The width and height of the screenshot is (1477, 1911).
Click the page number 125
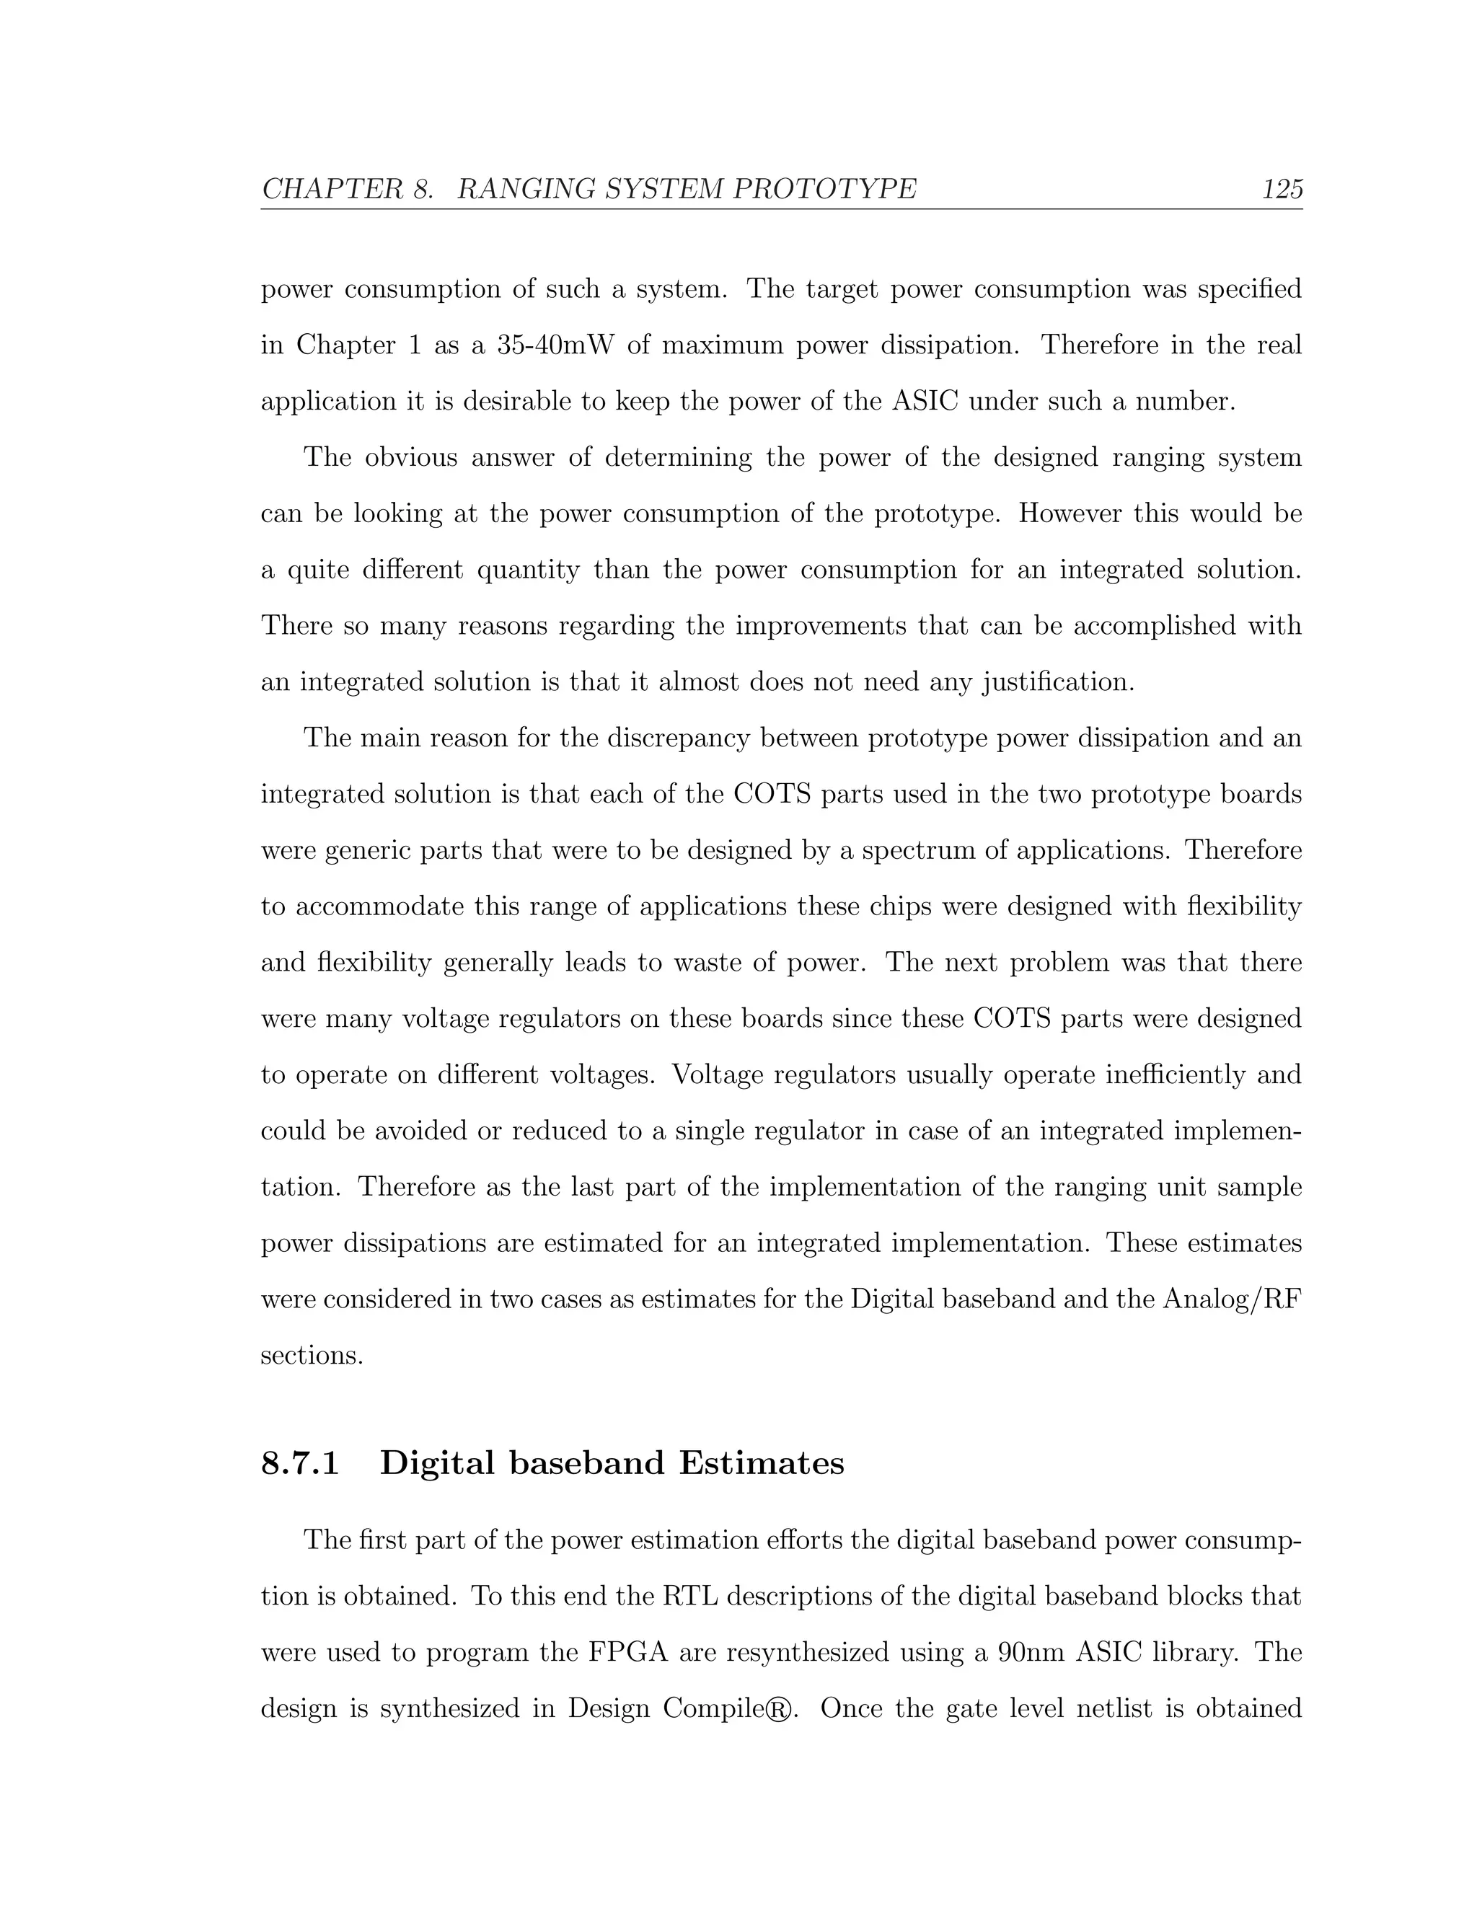pyautogui.click(x=1282, y=189)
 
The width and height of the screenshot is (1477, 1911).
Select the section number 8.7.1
pyautogui.click(x=300, y=1463)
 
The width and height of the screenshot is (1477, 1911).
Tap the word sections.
pyautogui.click(x=312, y=1356)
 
